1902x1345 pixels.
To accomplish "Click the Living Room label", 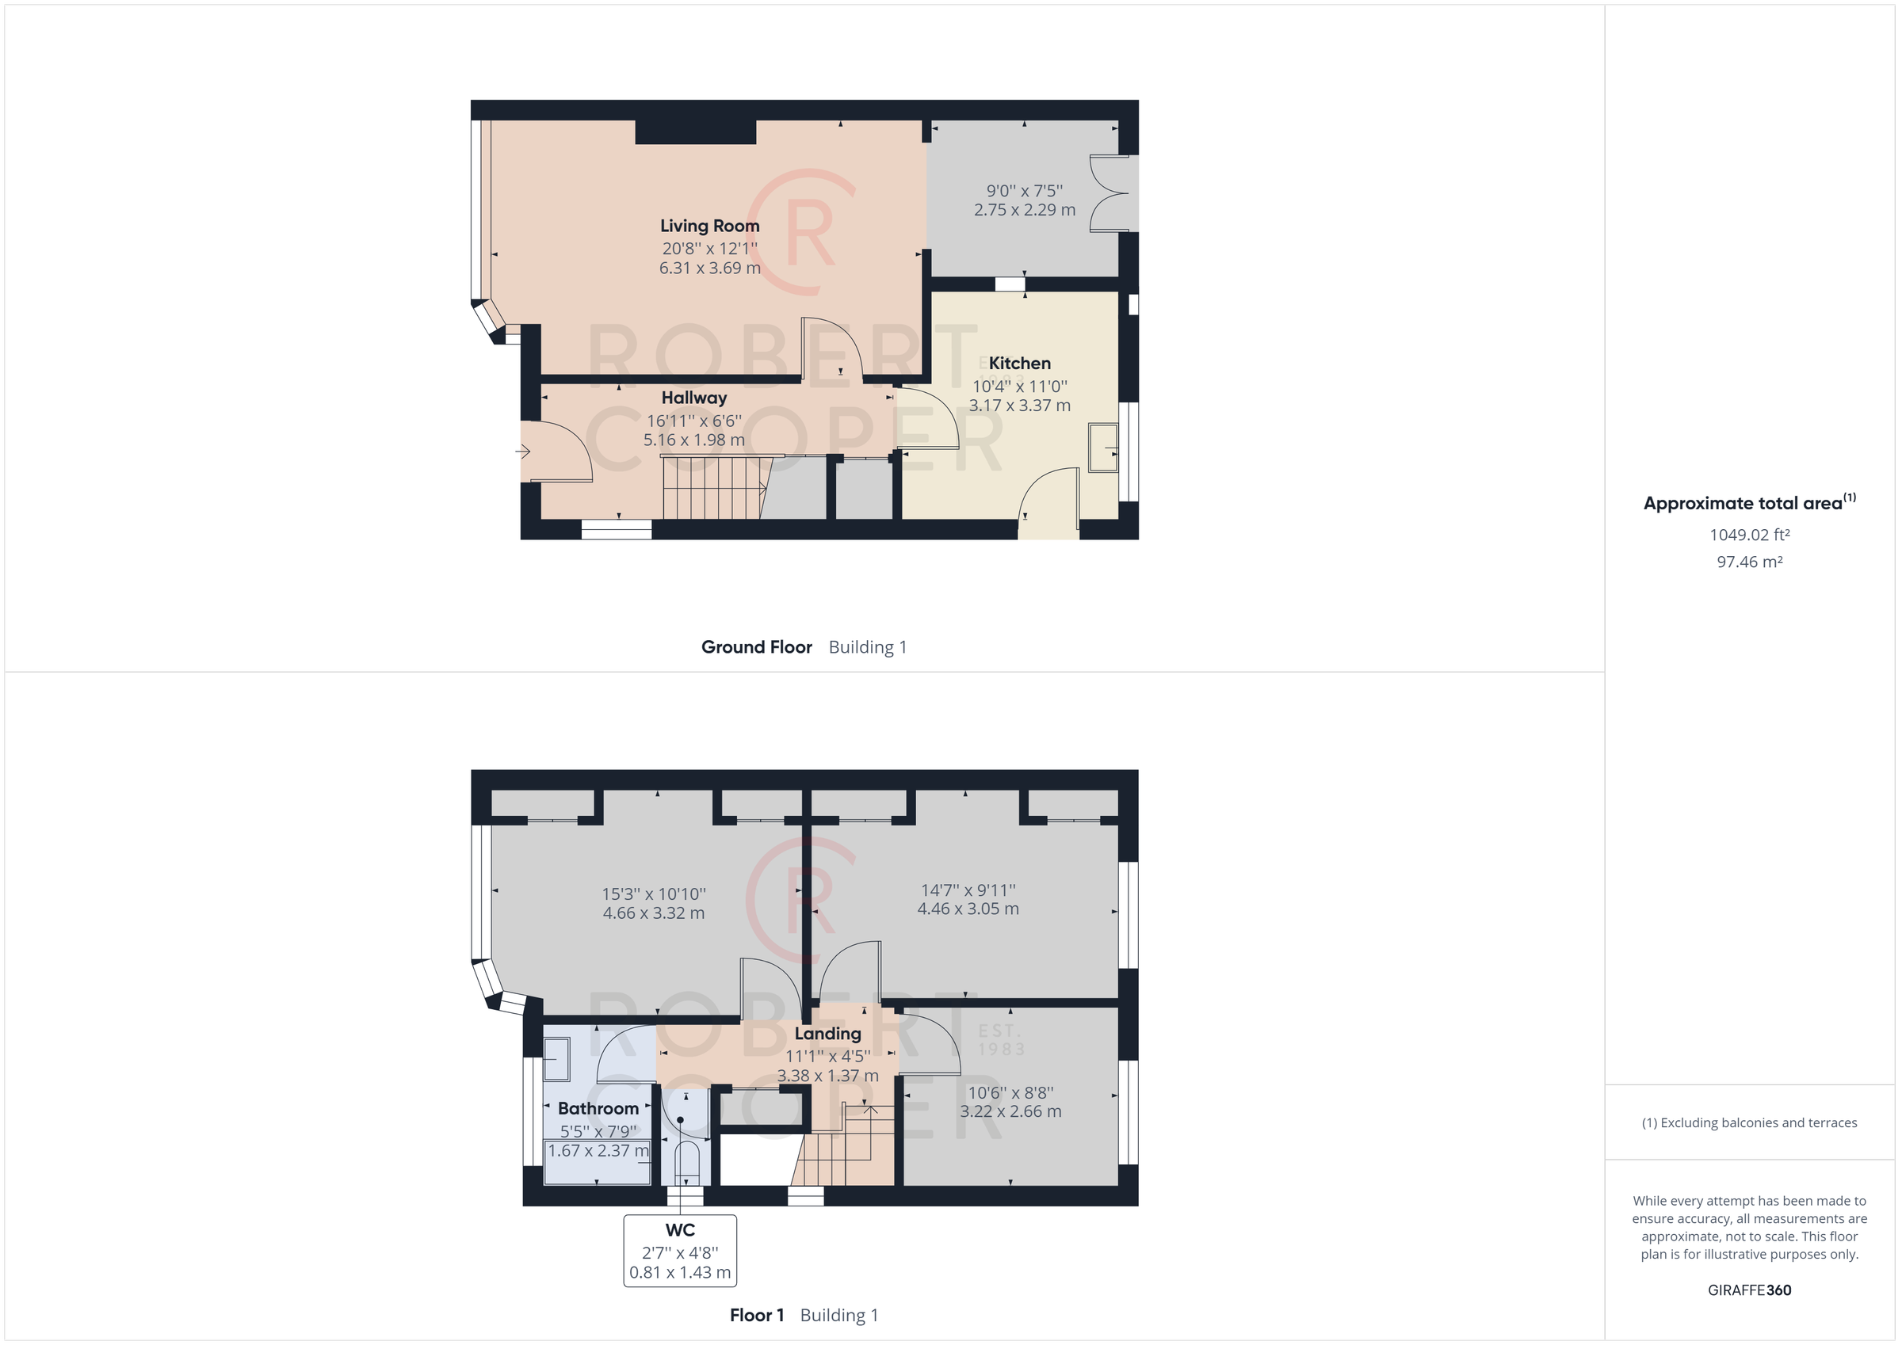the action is [709, 226].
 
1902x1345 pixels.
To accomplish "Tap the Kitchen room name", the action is [1020, 364].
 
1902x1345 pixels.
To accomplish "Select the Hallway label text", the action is [694, 398].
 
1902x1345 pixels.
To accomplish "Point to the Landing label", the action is [827, 1034].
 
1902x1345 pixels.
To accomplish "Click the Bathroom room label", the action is [598, 1108].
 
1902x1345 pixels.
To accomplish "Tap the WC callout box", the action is [680, 1251].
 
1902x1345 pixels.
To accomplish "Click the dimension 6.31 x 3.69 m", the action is [710, 269].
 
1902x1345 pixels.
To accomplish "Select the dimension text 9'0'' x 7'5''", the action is [1025, 190].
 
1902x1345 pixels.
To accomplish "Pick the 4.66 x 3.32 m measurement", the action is [654, 913].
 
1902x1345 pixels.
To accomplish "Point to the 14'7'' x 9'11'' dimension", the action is [968, 890].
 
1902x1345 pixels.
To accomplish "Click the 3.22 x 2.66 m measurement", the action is [1010, 1111].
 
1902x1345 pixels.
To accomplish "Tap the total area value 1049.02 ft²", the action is [1750, 535].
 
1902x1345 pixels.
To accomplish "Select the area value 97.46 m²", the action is [1750, 562].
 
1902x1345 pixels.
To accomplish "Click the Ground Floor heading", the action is [756, 648].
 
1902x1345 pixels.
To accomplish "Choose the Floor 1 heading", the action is [756, 1315].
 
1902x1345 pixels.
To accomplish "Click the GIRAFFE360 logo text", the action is [1750, 1290].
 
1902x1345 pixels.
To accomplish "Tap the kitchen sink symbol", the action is [1102, 448].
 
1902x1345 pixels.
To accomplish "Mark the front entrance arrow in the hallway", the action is [523, 452].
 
